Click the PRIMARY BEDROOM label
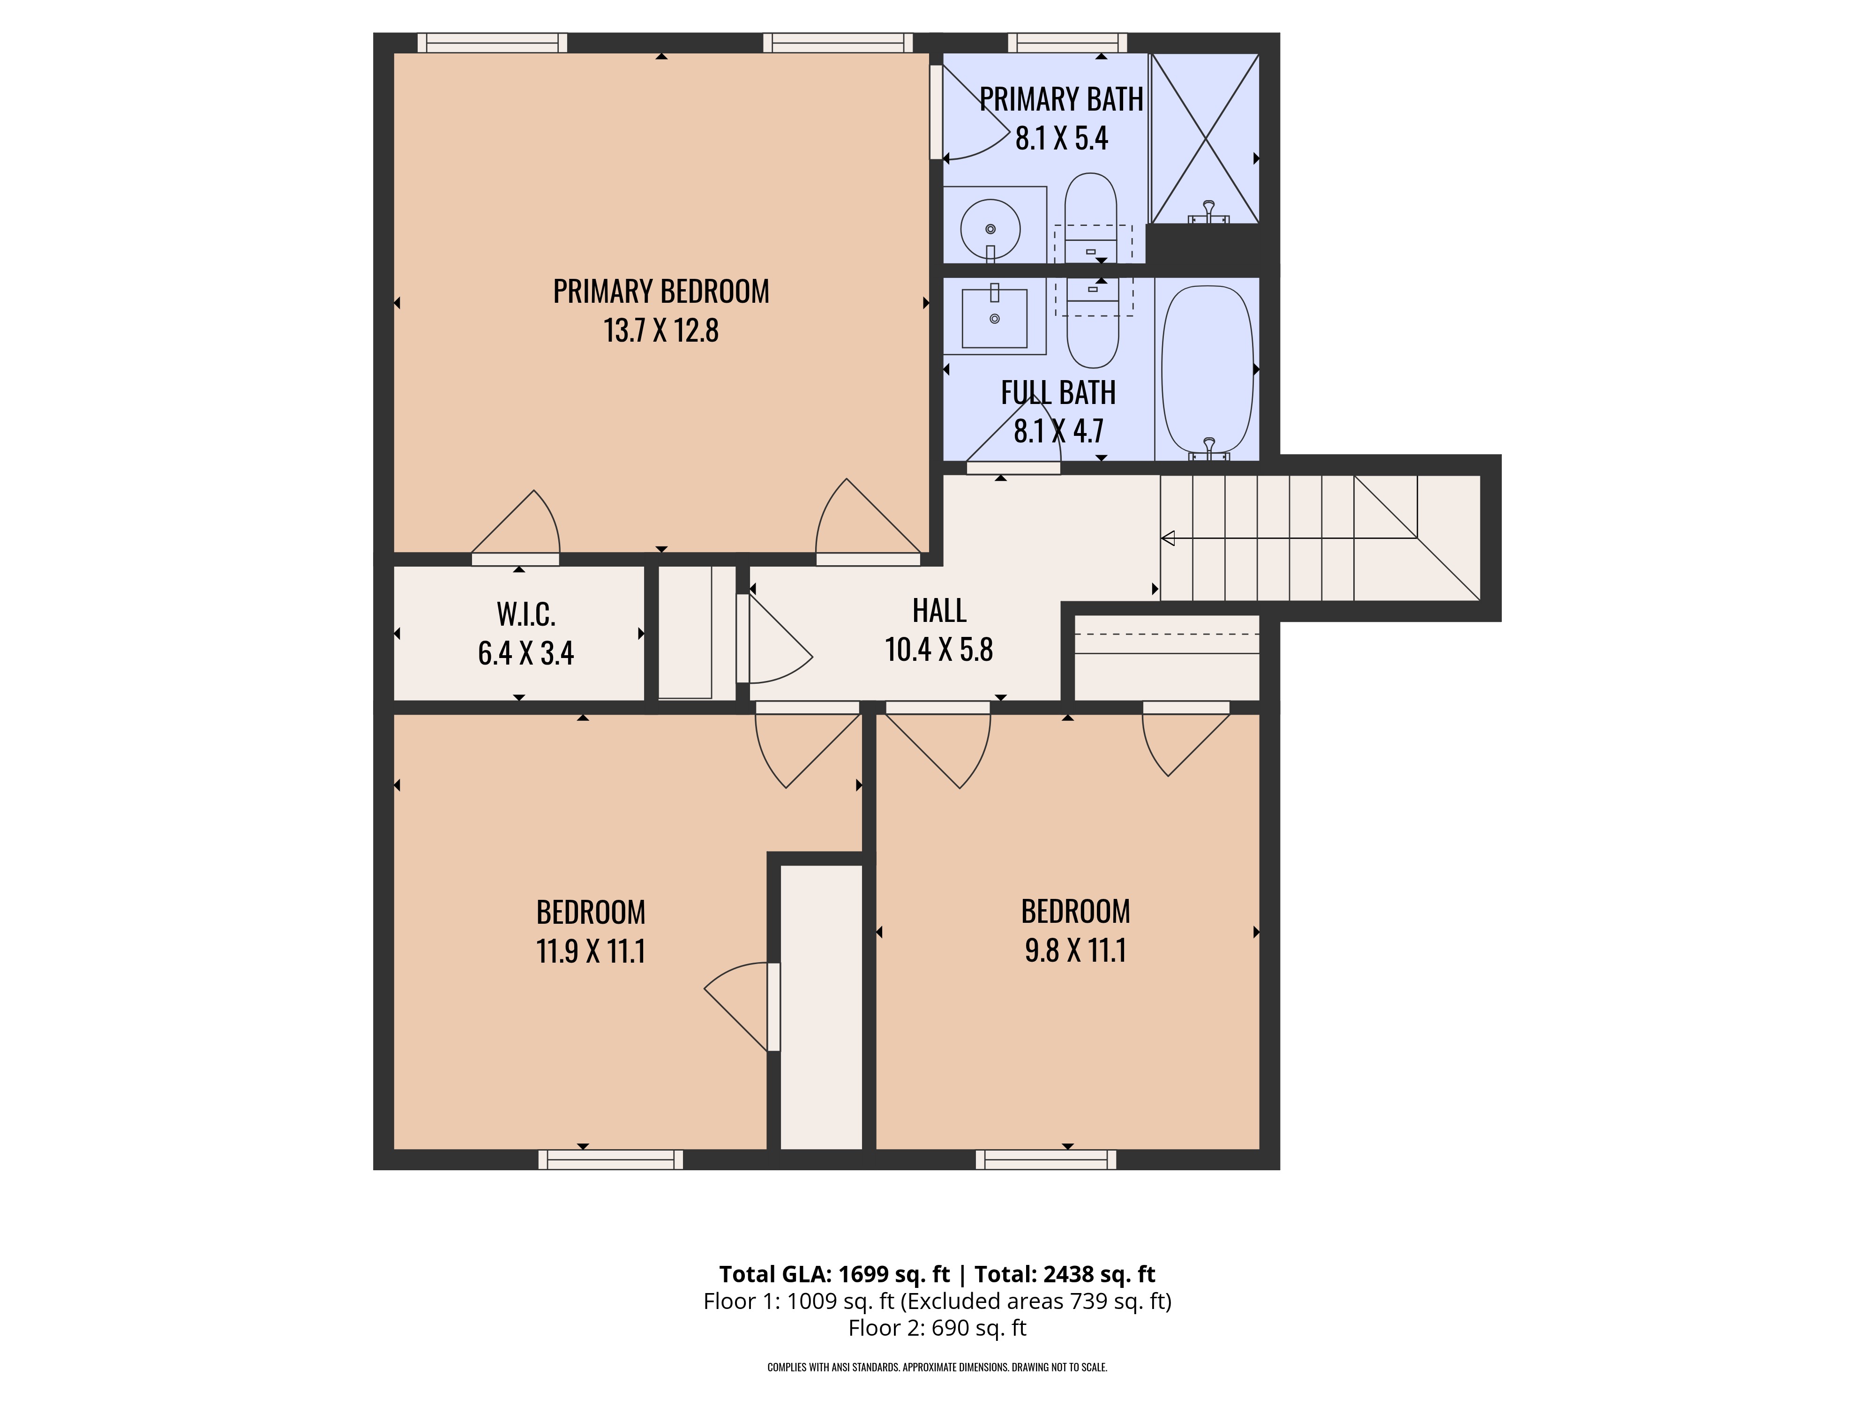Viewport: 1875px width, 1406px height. tap(661, 292)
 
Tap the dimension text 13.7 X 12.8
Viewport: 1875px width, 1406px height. tap(661, 330)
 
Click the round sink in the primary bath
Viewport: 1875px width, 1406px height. tap(990, 229)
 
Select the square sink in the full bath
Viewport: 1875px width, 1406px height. tap(994, 319)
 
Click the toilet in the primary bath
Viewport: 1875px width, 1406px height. tap(1091, 216)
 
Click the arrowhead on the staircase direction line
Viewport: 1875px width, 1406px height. tap(1168, 537)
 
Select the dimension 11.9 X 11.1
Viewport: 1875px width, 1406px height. tap(591, 951)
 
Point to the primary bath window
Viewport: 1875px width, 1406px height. tap(1067, 42)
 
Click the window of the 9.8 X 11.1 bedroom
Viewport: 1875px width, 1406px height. tap(1046, 1159)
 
